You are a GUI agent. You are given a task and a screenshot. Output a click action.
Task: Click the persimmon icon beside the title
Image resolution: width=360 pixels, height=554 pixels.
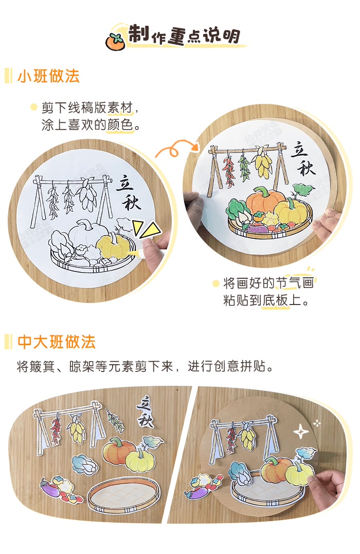[115, 41]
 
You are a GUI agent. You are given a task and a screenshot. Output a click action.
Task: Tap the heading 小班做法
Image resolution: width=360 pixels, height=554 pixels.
[48, 77]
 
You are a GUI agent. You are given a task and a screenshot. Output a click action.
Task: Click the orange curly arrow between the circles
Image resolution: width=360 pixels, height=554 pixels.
[175, 149]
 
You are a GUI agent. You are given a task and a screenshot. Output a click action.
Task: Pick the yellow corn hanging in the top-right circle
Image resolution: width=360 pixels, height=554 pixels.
[263, 163]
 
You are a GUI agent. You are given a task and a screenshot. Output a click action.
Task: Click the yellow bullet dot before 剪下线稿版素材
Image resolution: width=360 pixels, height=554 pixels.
[33, 108]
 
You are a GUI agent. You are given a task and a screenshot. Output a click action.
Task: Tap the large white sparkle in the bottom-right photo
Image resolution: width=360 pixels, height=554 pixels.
[300, 431]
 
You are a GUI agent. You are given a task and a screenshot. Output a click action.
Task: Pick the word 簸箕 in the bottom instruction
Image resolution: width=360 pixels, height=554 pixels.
[47, 367]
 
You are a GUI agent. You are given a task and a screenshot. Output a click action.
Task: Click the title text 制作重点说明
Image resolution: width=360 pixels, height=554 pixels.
[184, 35]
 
